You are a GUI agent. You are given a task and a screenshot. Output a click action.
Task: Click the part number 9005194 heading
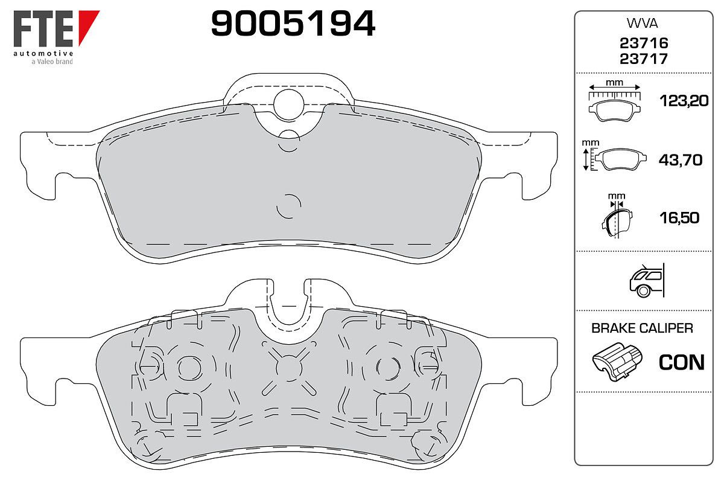point(293,24)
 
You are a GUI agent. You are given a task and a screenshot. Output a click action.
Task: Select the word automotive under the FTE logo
point(43,53)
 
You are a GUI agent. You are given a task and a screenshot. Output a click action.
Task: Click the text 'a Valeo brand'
point(52,62)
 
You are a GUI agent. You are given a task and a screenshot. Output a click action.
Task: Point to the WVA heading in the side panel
point(642,24)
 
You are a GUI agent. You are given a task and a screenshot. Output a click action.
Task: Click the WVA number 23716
point(644,43)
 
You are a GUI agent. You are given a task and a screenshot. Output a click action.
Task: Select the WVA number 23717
point(644,59)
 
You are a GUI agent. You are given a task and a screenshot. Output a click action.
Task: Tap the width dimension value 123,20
point(684,101)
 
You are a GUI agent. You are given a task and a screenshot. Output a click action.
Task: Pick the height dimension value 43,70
point(681,160)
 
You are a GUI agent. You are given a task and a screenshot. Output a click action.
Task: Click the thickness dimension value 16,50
point(679,218)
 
